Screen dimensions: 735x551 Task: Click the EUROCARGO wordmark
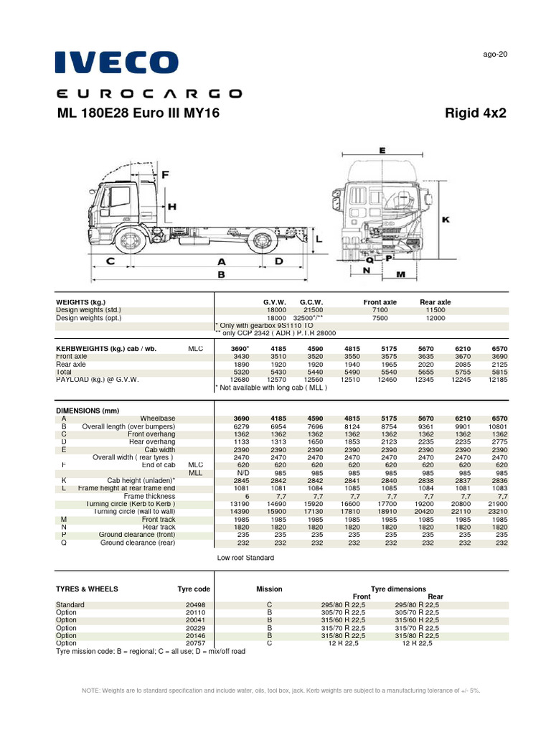149,93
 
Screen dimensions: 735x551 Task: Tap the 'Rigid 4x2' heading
476,113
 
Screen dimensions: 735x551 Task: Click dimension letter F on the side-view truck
165,174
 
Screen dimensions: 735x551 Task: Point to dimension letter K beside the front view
445,220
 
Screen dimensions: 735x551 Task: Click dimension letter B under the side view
221,274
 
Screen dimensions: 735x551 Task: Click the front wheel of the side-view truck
129,238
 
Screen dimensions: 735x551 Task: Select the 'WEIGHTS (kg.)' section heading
80,302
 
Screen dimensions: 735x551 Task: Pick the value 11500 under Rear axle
435,310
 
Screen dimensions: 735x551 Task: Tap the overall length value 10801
496,427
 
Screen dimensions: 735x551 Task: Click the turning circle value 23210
496,512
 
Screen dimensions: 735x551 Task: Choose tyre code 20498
195,605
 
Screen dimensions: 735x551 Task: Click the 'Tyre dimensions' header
397,589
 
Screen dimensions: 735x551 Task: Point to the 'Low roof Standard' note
245,558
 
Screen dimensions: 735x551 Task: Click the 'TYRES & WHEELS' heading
87,589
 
